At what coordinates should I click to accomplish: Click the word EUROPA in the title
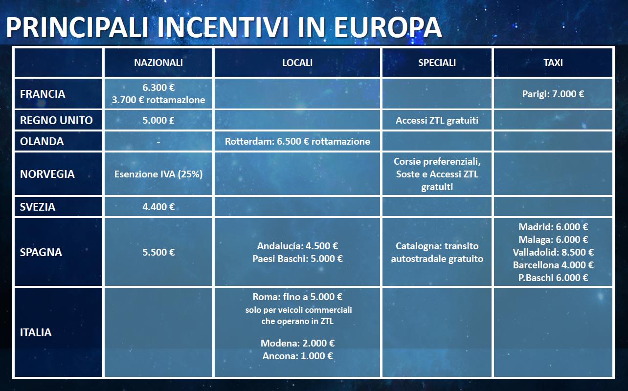(x=388, y=27)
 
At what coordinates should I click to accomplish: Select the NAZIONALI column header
(x=158, y=63)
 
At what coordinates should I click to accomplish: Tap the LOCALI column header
(x=297, y=63)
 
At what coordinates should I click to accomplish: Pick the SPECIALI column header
(x=437, y=63)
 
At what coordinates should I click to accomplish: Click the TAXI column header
(x=553, y=63)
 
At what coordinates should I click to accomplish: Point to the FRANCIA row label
(x=43, y=94)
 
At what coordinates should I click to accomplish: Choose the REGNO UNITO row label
(x=56, y=120)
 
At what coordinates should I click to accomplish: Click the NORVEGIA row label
(x=47, y=174)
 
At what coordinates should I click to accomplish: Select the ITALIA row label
(x=36, y=332)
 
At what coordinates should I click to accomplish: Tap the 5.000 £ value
(x=158, y=120)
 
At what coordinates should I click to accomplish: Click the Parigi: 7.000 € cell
(x=553, y=94)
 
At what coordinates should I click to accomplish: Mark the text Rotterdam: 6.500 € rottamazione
(x=297, y=141)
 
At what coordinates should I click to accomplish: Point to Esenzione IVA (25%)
(x=158, y=174)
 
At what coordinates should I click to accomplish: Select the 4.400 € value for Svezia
(x=158, y=207)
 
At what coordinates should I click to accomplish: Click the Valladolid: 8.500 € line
(x=553, y=252)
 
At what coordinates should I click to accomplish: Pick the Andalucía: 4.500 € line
(x=297, y=246)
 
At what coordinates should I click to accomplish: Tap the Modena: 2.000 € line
(x=297, y=343)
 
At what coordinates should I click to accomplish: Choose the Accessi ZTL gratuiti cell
(x=437, y=120)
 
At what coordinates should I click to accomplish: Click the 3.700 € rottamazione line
(x=158, y=100)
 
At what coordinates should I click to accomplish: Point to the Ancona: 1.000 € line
(x=297, y=356)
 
